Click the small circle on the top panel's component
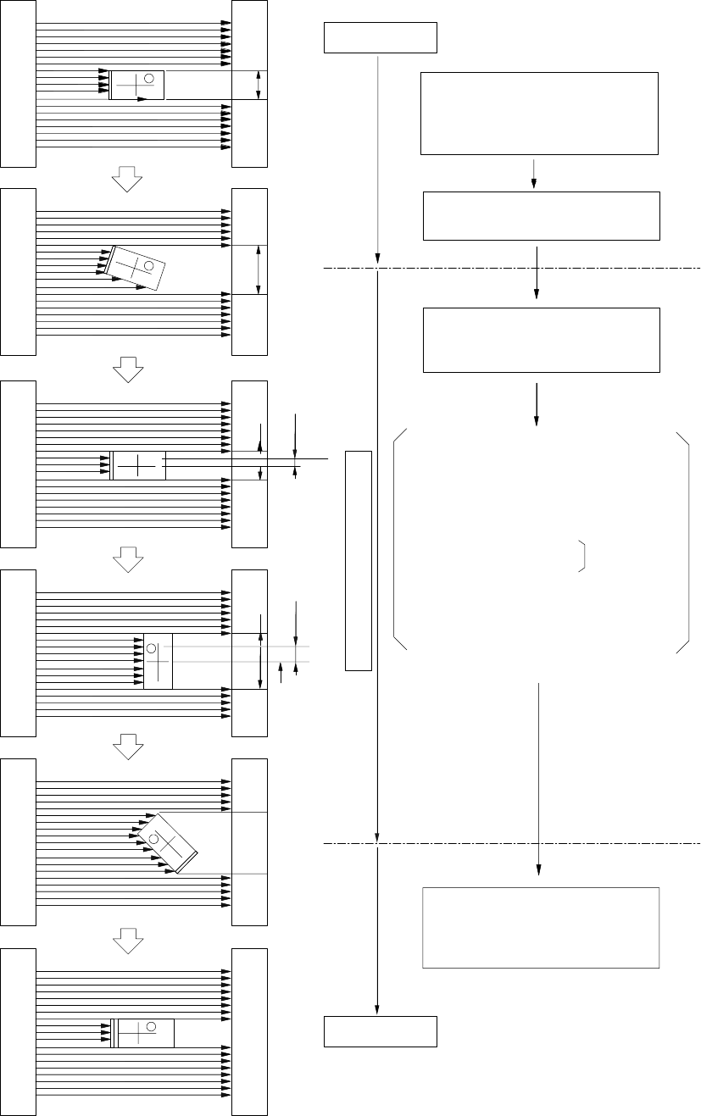149,79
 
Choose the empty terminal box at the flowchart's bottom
381,1031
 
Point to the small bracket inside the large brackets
582,555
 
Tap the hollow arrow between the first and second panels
126,178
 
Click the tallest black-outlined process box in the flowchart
539,114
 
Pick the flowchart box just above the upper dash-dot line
541,216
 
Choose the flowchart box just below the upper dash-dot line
541,340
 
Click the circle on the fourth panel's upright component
152,648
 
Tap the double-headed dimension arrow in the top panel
259,86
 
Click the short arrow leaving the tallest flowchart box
534,172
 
